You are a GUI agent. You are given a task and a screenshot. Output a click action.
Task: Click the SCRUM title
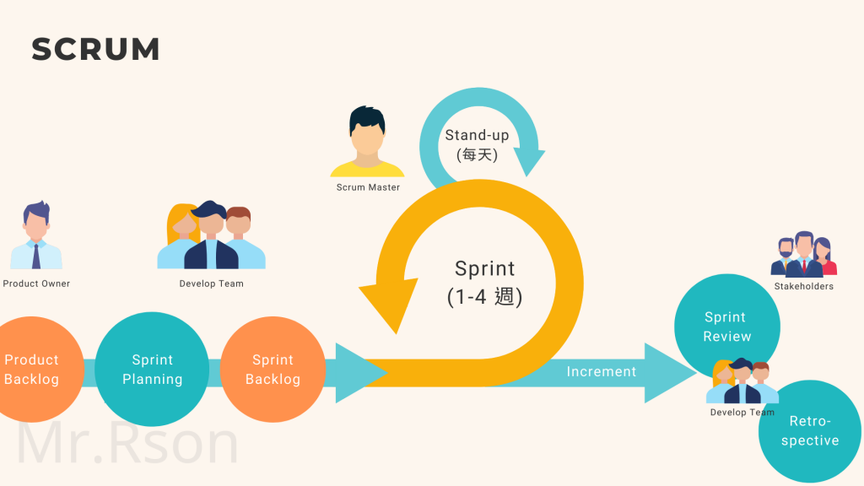pyautogui.click(x=95, y=50)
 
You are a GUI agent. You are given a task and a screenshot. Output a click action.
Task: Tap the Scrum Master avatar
pyautogui.click(x=367, y=142)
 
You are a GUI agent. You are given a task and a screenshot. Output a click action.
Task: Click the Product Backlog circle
pyautogui.click(x=32, y=369)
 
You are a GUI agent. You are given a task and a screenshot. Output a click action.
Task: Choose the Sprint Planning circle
pyautogui.click(x=152, y=369)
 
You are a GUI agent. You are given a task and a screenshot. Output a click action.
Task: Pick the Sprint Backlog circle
pyautogui.click(x=273, y=369)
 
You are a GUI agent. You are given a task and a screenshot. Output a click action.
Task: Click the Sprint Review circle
pyautogui.click(x=726, y=327)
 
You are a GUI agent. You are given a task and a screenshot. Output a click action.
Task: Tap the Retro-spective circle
pyautogui.click(x=810, y=430)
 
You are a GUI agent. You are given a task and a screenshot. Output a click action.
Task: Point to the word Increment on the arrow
pyautogui.click(x=602, y=371)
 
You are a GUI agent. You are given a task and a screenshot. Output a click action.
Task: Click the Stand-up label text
pyautogui.click(x=478, y=135)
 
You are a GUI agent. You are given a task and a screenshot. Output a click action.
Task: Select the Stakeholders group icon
pyautogui.click(x=803, y=255)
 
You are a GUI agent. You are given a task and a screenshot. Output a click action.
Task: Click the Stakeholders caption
pyautogui.click(x=803, y=286)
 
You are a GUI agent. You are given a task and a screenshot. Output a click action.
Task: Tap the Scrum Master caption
pyautogui.click(x=368, y=187)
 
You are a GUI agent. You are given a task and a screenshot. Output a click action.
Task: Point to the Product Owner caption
pyautogui.click(x=37, y=283)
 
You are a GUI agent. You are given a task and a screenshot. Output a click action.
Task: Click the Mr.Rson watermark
pyautogui.click(x=127, y=444)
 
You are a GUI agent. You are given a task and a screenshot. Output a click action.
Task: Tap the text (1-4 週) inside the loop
pyautogui.click(x=485, y=296)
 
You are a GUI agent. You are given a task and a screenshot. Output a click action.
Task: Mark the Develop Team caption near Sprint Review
pyautogui.click(x=742, y=413)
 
